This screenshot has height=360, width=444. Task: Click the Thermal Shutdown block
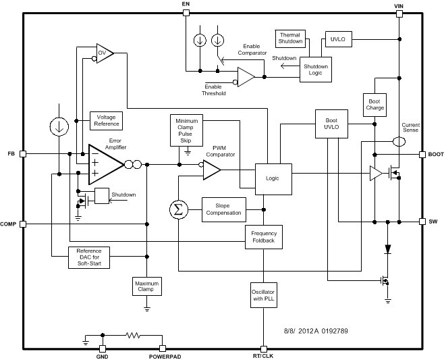(x=292, y=38)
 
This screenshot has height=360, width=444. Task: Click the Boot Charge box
(x=375, y=105)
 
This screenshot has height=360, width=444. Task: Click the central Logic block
(x=273, y=178)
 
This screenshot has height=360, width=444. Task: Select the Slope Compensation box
(x=223, y=209)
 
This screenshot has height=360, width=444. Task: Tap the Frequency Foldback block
(x=263, y=237)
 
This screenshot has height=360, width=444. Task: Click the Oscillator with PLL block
(x=263, y=294)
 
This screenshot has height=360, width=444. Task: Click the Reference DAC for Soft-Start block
(x=90, y=257)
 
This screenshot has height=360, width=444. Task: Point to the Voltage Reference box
(x=106, y=120)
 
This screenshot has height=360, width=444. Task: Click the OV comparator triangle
(x=103, y=52)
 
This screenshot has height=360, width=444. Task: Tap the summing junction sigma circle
(x=178, y=209)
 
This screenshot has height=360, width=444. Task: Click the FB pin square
(x=23, y=154)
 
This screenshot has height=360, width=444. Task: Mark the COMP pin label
(x=9, y=224)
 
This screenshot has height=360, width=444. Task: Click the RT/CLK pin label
(x=263, y=356)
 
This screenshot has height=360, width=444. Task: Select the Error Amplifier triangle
(x=104, y=163)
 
